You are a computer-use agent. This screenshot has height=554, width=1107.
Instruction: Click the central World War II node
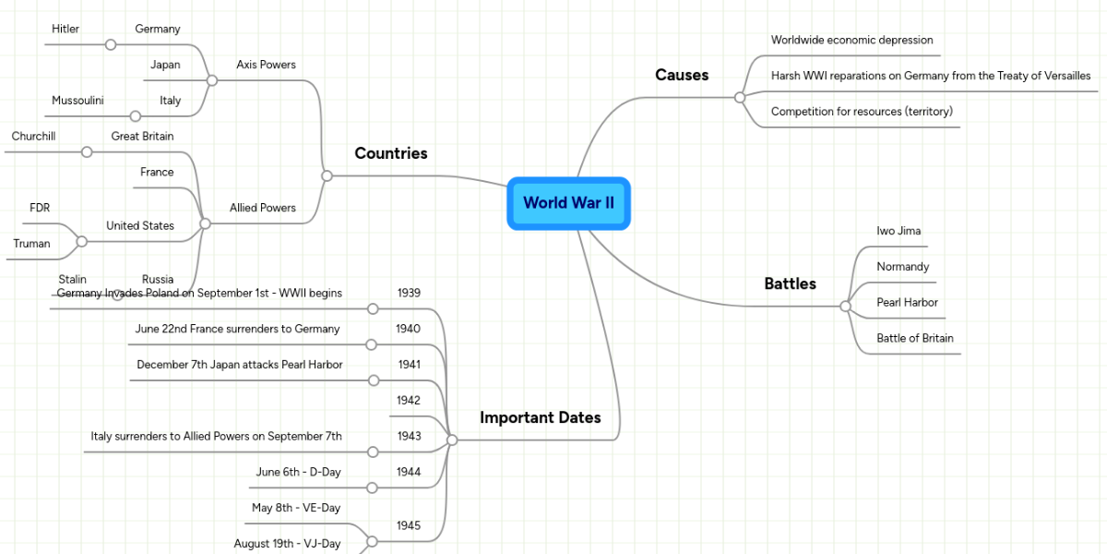pos(568,203)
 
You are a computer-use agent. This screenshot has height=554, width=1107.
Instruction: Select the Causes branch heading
pos(682,76)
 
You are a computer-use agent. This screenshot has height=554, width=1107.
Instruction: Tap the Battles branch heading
pos(790,284)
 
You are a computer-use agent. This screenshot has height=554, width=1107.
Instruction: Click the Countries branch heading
pos(391,153)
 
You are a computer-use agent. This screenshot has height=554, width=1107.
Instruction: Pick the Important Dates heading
pos(540,417)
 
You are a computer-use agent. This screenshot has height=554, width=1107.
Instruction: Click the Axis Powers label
pos(266,65)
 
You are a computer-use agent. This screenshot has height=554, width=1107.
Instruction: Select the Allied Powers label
pos(263,208)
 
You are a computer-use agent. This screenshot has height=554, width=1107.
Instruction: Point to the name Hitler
pos(65,29)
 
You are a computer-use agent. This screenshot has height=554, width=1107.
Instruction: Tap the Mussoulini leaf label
pos(77,101)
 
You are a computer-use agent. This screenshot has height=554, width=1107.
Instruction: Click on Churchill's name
pos(33,137)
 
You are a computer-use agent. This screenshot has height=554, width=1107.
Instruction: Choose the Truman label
pos(31,244)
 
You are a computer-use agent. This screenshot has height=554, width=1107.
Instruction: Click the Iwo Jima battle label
pos(899,231)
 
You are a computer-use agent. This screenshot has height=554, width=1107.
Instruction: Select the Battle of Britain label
pos(915,338)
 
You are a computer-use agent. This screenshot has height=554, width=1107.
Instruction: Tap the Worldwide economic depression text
pos(851,41)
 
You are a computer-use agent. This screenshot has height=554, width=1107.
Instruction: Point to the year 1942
pos(409,401)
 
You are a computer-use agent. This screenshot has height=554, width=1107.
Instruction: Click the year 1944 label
pos(409,472)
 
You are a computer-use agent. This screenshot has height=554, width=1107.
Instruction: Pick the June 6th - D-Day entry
pos(298,472)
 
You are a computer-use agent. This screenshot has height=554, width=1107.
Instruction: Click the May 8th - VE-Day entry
pos(296,508)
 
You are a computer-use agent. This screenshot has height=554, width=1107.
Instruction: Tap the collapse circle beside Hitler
pos(111,44)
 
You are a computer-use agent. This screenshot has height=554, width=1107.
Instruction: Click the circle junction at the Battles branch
pos(845,307)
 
